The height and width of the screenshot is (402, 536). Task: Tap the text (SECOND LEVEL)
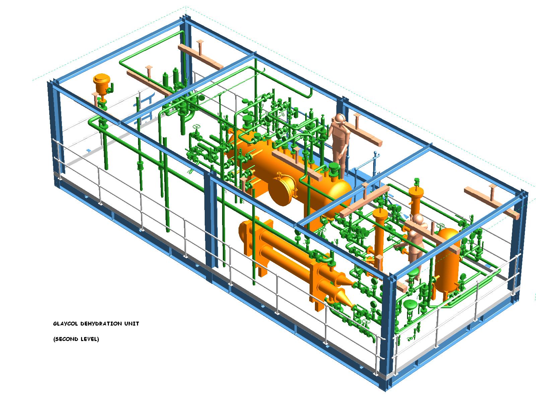click(x=76, y=339)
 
